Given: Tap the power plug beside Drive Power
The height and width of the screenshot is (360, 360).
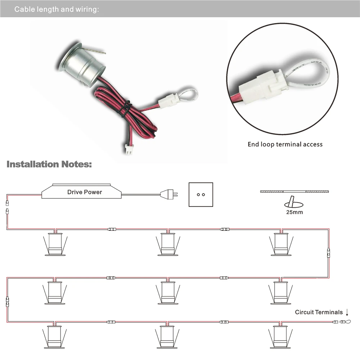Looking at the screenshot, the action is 169,194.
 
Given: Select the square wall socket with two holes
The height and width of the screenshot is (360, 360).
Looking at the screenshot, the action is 201,195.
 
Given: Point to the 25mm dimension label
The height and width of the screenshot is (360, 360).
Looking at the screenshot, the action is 294,212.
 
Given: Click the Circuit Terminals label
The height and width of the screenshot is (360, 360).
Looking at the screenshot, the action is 319,312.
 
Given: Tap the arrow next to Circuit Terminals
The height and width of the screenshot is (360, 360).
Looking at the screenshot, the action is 347,312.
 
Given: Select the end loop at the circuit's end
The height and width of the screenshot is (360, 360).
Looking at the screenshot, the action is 346,322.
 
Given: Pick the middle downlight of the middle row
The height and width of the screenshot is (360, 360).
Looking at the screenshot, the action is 168,293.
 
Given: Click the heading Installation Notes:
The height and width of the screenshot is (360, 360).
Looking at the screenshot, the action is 49,165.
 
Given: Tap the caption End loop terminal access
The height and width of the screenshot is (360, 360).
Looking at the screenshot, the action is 285,144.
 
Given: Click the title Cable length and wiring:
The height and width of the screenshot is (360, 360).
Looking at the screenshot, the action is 57,9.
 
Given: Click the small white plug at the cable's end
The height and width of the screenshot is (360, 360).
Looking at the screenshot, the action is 128,149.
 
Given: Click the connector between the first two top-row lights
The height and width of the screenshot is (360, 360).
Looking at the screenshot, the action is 112,229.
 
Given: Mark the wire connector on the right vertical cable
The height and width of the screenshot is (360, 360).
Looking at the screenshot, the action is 329,253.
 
